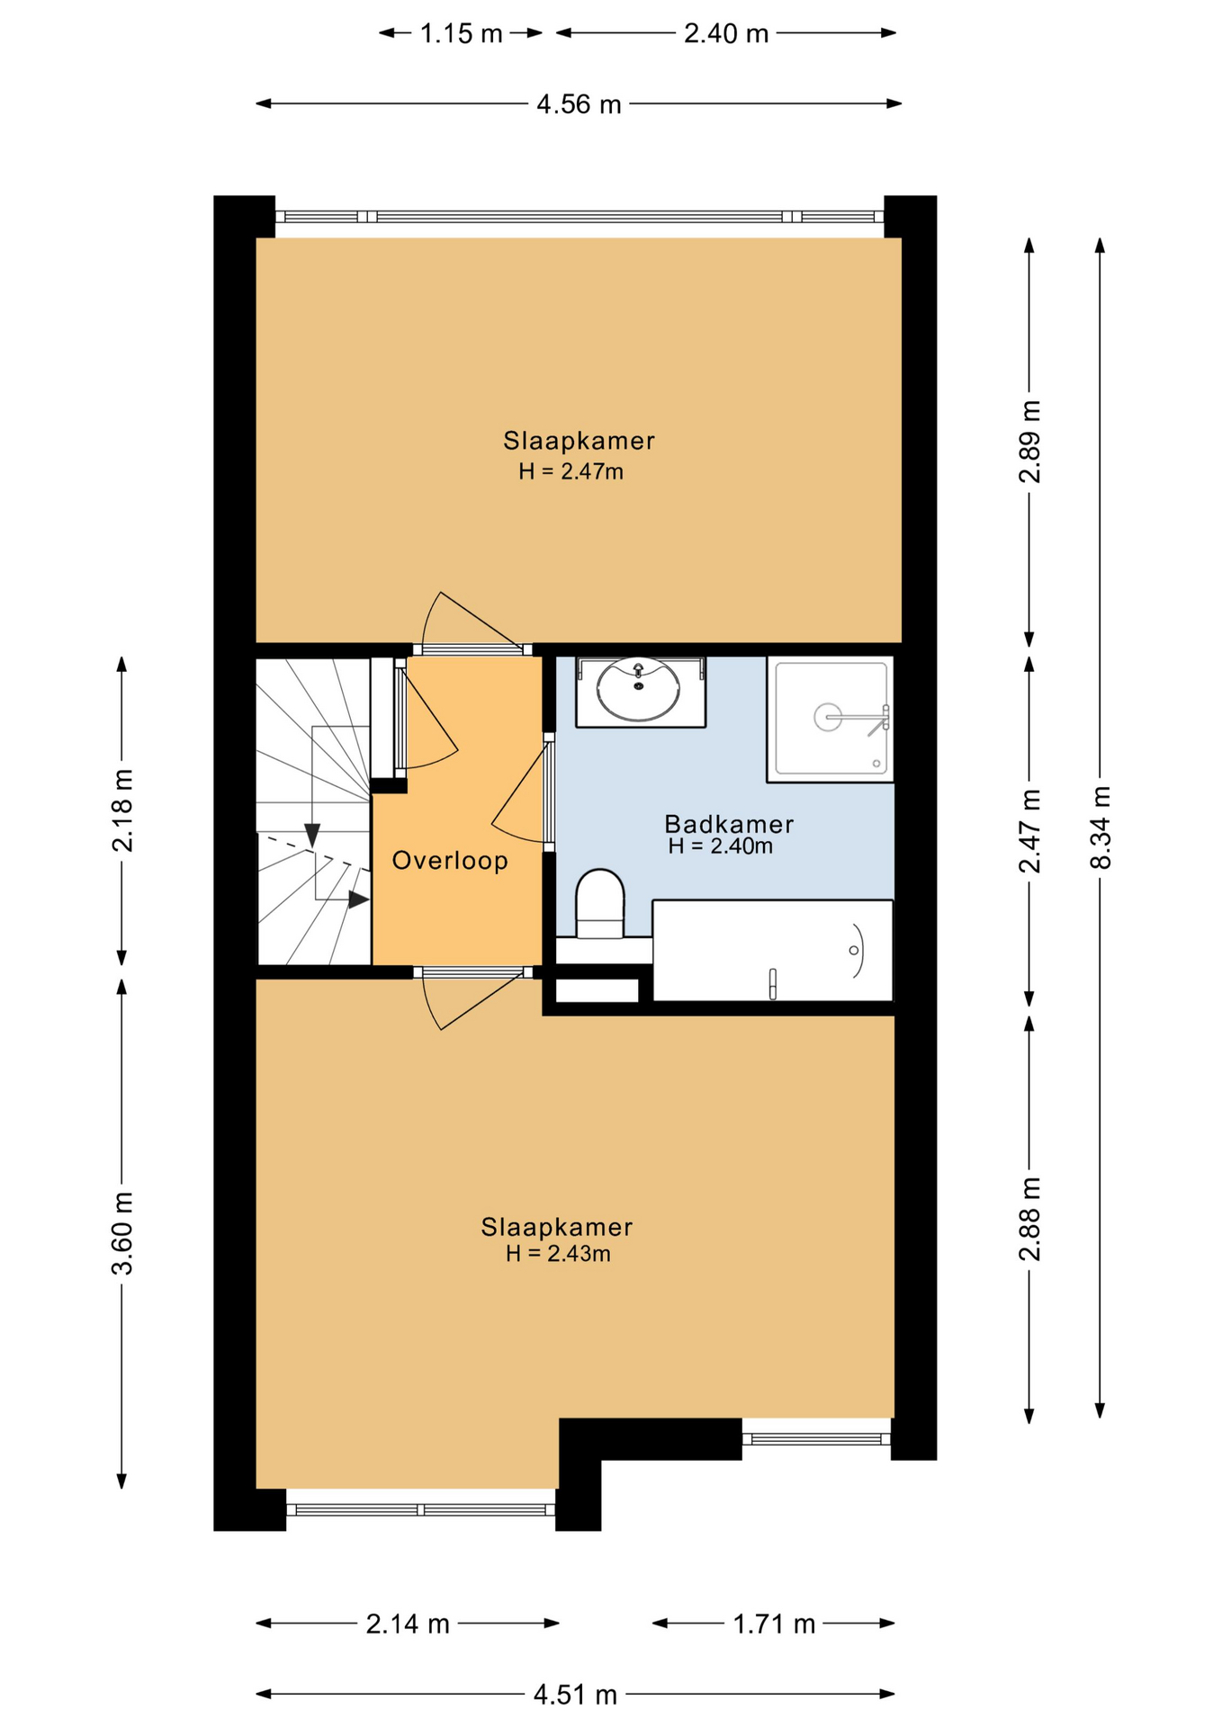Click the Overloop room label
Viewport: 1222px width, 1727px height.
pos(450,861)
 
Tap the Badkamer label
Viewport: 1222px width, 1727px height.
pos(729,824)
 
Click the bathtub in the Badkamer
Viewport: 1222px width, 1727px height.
pos(772,950)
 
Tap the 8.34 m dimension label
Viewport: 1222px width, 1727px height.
pos(1101,828)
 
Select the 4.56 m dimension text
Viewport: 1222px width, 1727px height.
pos(579,104)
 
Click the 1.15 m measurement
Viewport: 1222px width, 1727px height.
pos(462,34)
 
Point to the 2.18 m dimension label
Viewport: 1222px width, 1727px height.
pos(122,810)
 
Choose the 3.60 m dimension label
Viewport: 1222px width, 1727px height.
pos(122,1232)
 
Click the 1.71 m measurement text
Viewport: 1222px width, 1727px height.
pos(774,1624)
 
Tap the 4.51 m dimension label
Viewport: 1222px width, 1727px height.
pos(575,1695)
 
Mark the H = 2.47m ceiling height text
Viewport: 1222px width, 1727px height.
pos(571,471)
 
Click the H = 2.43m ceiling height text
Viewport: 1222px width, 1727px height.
pos(558,1254)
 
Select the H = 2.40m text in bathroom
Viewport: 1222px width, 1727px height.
pos(720,846)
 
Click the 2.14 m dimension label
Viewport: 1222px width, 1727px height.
pos(408,1624)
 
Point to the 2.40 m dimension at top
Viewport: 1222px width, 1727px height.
pos(726,34)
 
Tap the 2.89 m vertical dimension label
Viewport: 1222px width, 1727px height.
pos(1030,442)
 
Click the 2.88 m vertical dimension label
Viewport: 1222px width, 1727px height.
pos(1030,1219)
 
